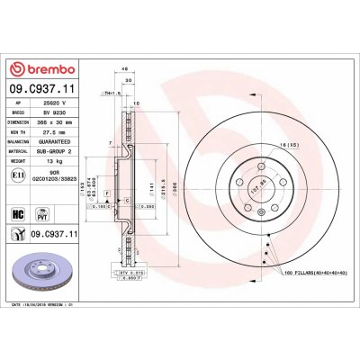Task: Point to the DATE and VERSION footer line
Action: tap(55, 305)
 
